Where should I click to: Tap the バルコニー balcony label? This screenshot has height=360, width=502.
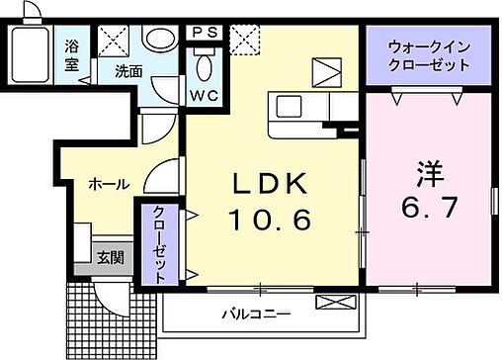pyautogui.click(x=255, y=314)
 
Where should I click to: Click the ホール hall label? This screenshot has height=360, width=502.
pyautogui.click(x=108, y=184)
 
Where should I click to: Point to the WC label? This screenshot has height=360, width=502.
pyautogui.click(x=205, y=96)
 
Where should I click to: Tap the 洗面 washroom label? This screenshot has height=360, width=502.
pyautogui.click(x=127, y=70)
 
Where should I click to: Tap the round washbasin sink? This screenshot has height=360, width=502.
pyautogui.click(x=158, y=40)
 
